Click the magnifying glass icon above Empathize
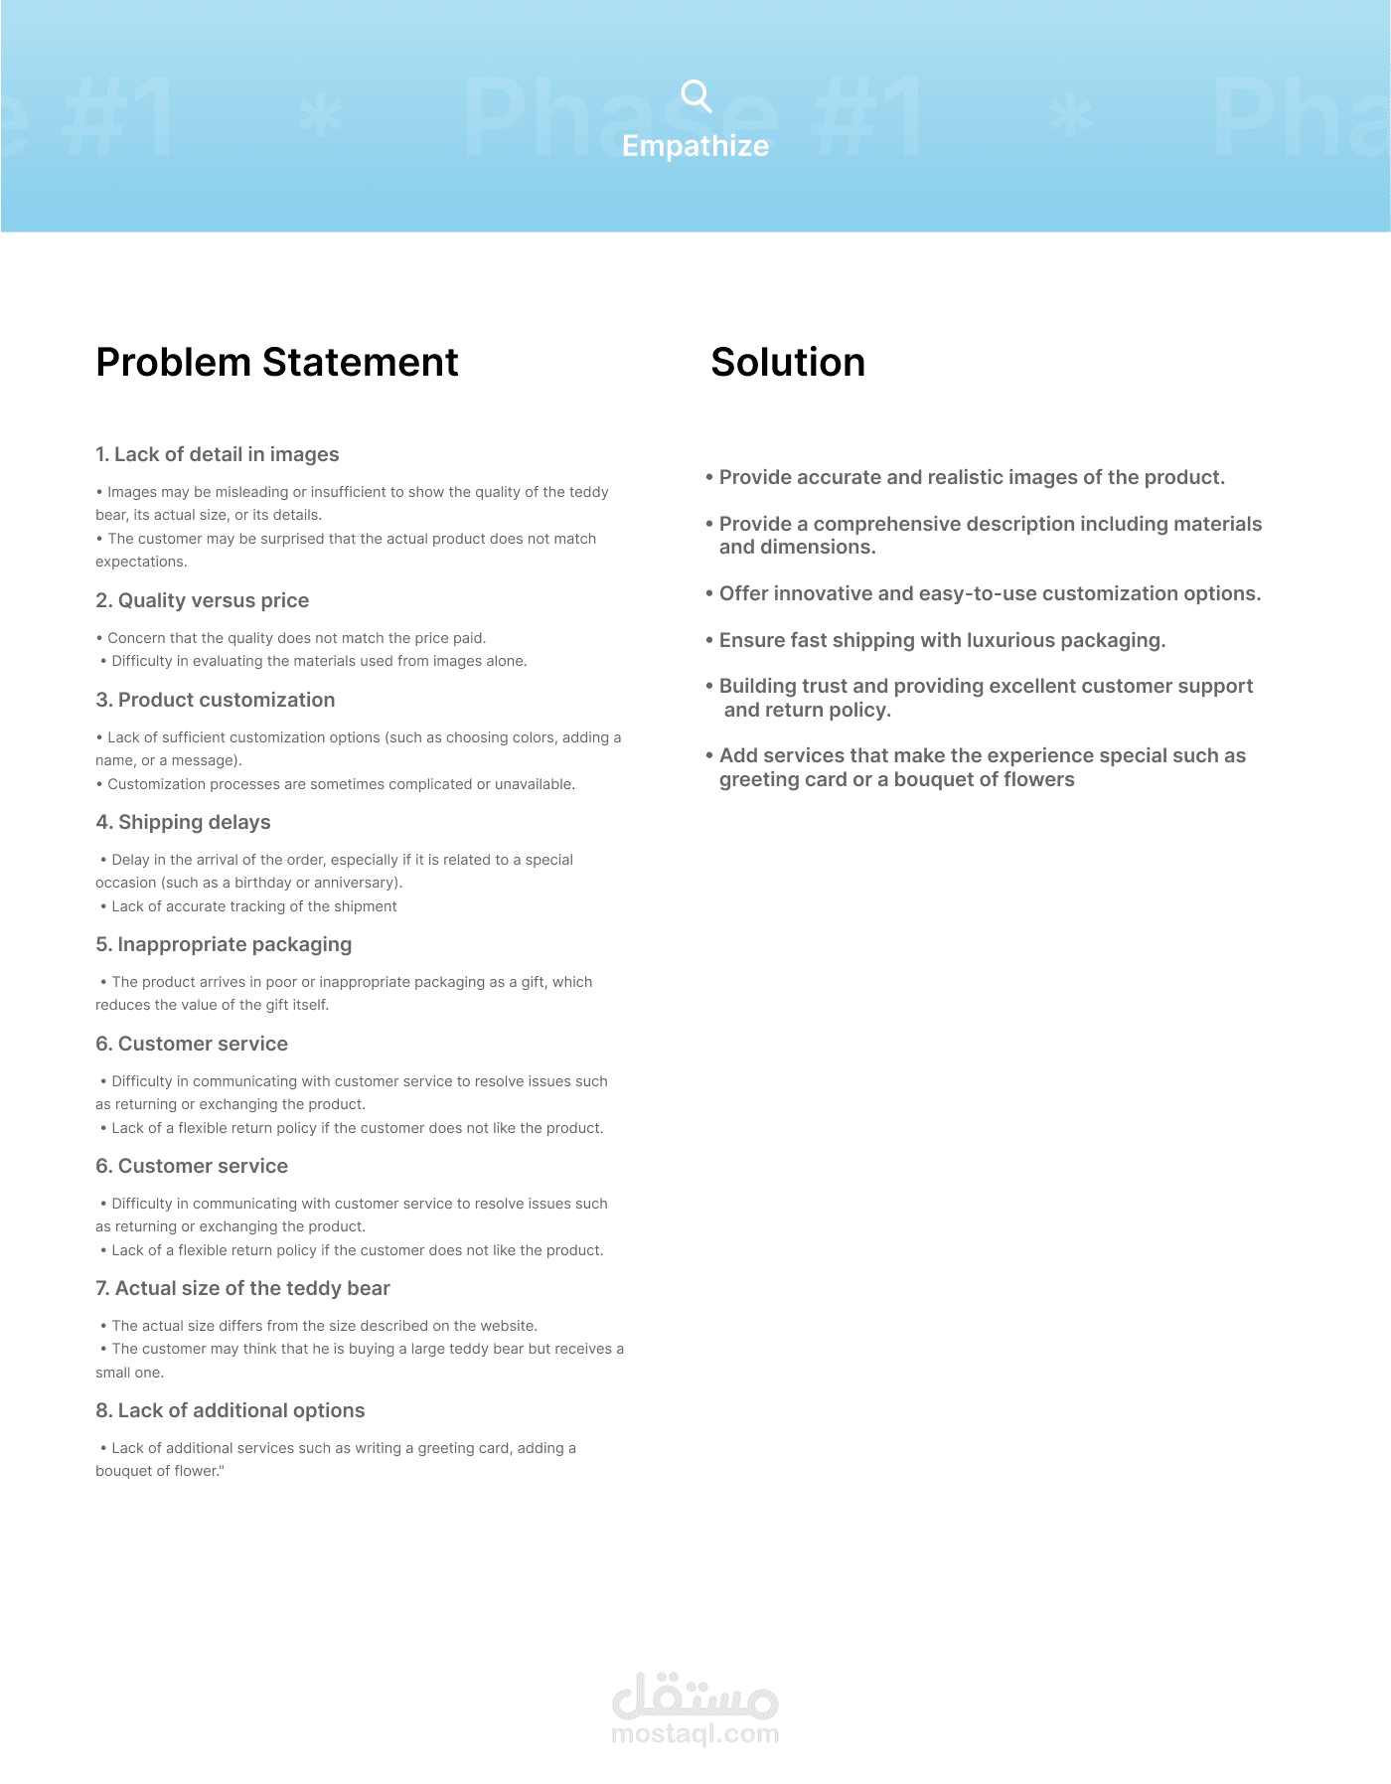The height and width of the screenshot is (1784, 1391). click(x=696, y=96)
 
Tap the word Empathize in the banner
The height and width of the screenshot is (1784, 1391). click(x=695, y=146)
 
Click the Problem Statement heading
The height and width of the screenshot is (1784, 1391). click(x=277, y=363)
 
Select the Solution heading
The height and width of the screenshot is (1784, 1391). click(x=788, y=363)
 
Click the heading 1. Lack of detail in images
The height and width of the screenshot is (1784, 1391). click(x=218, y=454)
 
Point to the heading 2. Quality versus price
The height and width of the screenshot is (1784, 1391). click(x=203, y=600)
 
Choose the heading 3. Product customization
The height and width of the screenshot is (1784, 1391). click(x=216, y=700)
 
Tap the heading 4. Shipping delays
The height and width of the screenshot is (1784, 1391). click(x=184, y=822)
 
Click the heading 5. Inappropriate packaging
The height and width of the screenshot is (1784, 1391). click(x=225, y=944)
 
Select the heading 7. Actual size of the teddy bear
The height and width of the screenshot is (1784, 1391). click(x=243, y=1288)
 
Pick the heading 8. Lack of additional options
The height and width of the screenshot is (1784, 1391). click(x=231, y=1410)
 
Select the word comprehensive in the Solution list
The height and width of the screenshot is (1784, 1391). click(x=891, y=524)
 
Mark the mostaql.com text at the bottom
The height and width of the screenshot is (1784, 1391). click(x=695, y=1734)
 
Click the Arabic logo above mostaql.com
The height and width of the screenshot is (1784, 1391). click(x=695, y=1697)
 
